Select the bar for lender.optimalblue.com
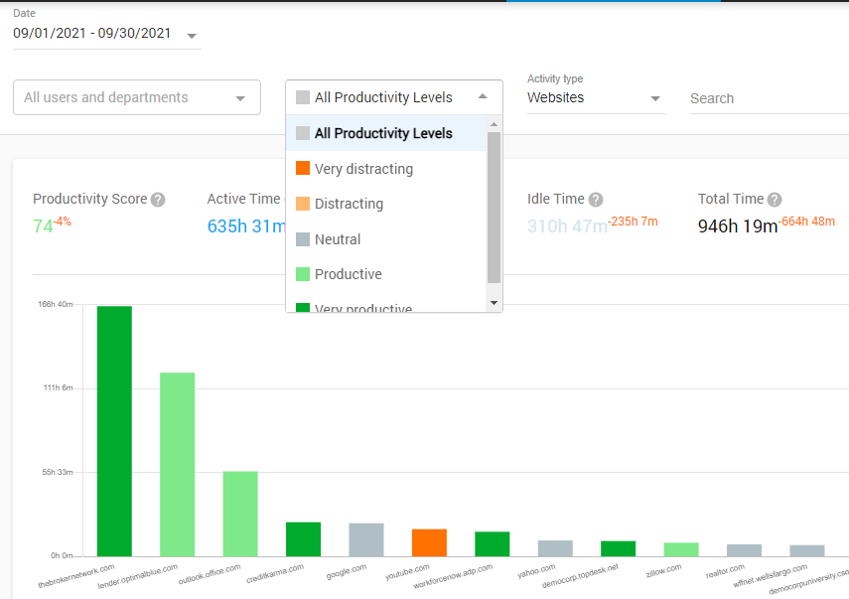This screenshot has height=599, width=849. click(x=178, y=464)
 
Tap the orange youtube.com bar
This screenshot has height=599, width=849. click(x=429, y=542)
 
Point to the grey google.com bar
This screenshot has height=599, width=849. click(x=366, y=539)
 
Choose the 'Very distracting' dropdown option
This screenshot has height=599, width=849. click(x=363, y=169)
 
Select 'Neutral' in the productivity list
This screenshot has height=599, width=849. click(x=338, y=239)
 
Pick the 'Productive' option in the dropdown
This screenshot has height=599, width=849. click(x=348, y=274)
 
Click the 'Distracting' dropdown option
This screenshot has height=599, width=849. click(x=349, y=204)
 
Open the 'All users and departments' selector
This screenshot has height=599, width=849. click(x=136, y=97)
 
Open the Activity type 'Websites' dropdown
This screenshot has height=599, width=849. click(x=594, y=98)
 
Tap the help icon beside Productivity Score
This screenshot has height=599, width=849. click(x=158, y=200)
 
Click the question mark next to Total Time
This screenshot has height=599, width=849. click(x=775, y=200)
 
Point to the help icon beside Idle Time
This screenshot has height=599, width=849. click(x=595, y=200)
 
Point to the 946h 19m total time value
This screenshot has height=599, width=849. click(x=737, y=226)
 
